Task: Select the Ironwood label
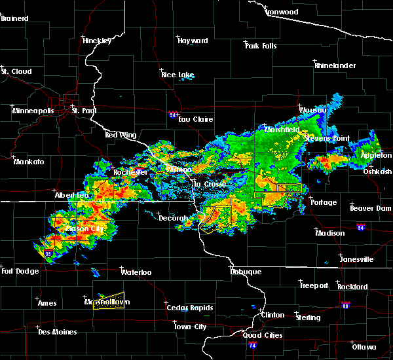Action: tap(282, 12)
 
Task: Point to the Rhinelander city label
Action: tap(335, 65)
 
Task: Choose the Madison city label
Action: tap(329, 233)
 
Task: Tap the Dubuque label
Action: tap(246, 272)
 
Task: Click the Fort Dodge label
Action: tap(18, 271)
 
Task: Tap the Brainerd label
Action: tap(14, 18)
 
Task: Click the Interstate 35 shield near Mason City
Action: tap(48, 253)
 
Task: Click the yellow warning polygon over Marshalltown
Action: tap(108, 300)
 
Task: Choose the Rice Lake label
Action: tap(178, 75)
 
